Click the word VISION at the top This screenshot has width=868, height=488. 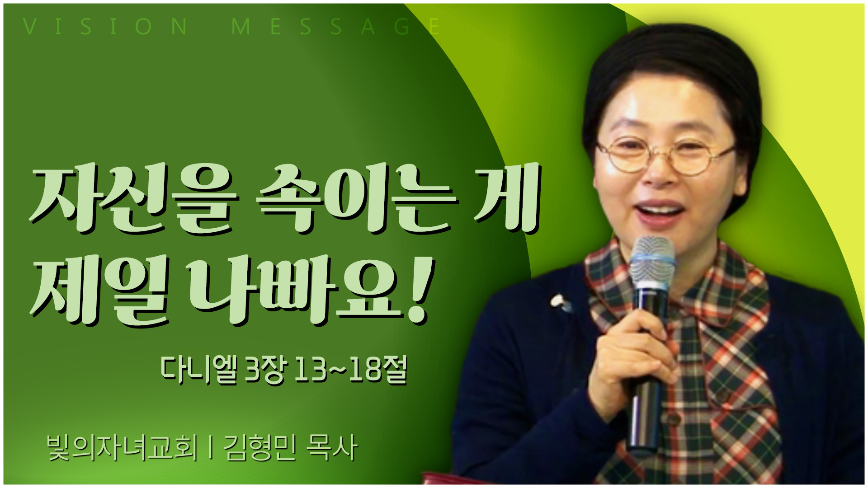click(105, 27)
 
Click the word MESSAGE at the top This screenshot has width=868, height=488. click(335, 27)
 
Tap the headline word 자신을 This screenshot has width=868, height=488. click(134, 199)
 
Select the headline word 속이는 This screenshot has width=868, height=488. click(357, 199)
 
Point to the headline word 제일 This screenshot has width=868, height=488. click(100, 289)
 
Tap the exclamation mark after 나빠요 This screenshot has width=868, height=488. click(421, 289)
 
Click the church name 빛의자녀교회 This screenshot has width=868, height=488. click(122, 448)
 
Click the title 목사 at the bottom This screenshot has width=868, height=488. click(332, 448)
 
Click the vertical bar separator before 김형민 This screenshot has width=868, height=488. click(211, 448)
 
